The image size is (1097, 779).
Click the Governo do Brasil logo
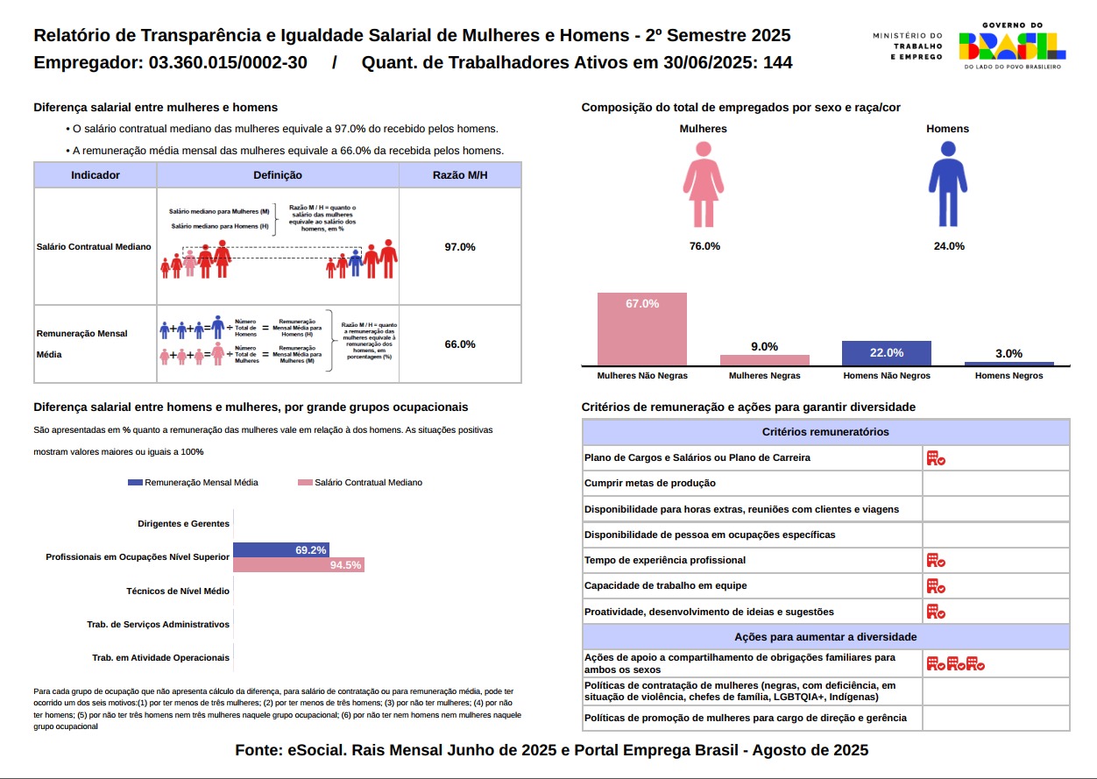tap(1012, 46)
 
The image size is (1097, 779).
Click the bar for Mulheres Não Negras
tap(641, 329)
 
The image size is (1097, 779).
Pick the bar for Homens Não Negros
tap(886, 353)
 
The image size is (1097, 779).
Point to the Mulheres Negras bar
tap(764, 360)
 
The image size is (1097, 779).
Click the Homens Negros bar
tap(1009, 363)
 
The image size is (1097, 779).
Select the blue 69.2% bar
tap(281, 550)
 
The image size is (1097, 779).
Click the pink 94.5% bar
tap(298, 565)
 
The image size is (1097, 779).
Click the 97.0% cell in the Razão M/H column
tap(460, 247)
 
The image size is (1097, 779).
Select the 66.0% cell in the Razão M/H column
tap(460, 344)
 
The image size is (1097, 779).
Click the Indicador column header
tap(96, 175)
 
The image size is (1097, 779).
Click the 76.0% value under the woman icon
tap(704, 246)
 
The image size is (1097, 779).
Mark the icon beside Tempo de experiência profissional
tap(936, 561)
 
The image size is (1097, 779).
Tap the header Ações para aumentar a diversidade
tap(825, 637)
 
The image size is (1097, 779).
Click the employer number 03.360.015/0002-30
tap(228, 63)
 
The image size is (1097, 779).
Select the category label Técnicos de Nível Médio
tap(178, 591)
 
